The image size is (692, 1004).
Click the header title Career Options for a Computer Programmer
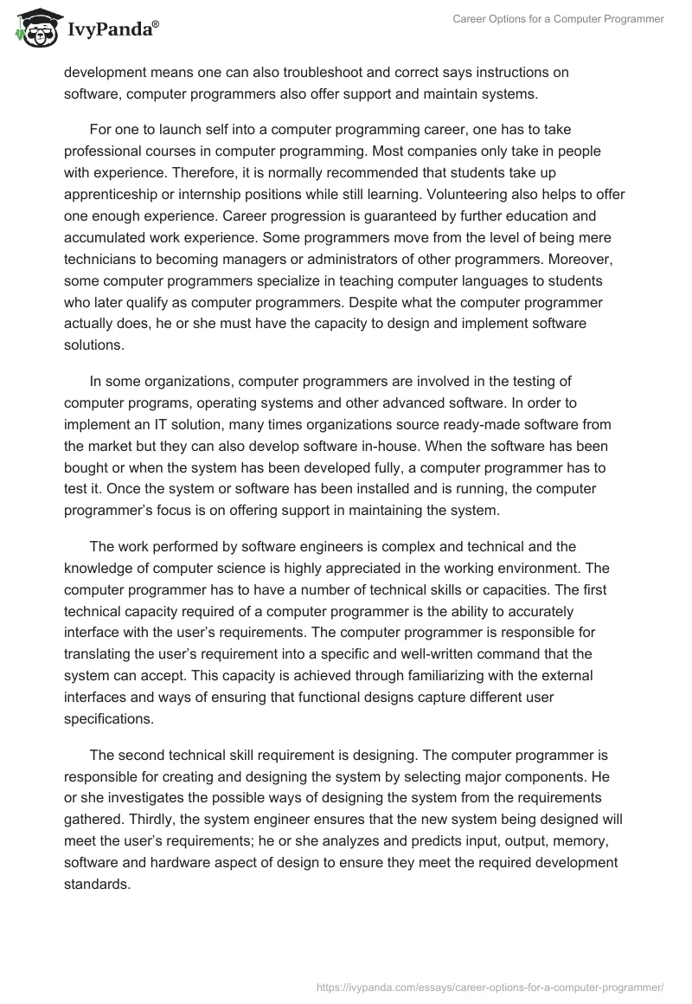[559, 19]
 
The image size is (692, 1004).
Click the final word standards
[99, 883]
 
